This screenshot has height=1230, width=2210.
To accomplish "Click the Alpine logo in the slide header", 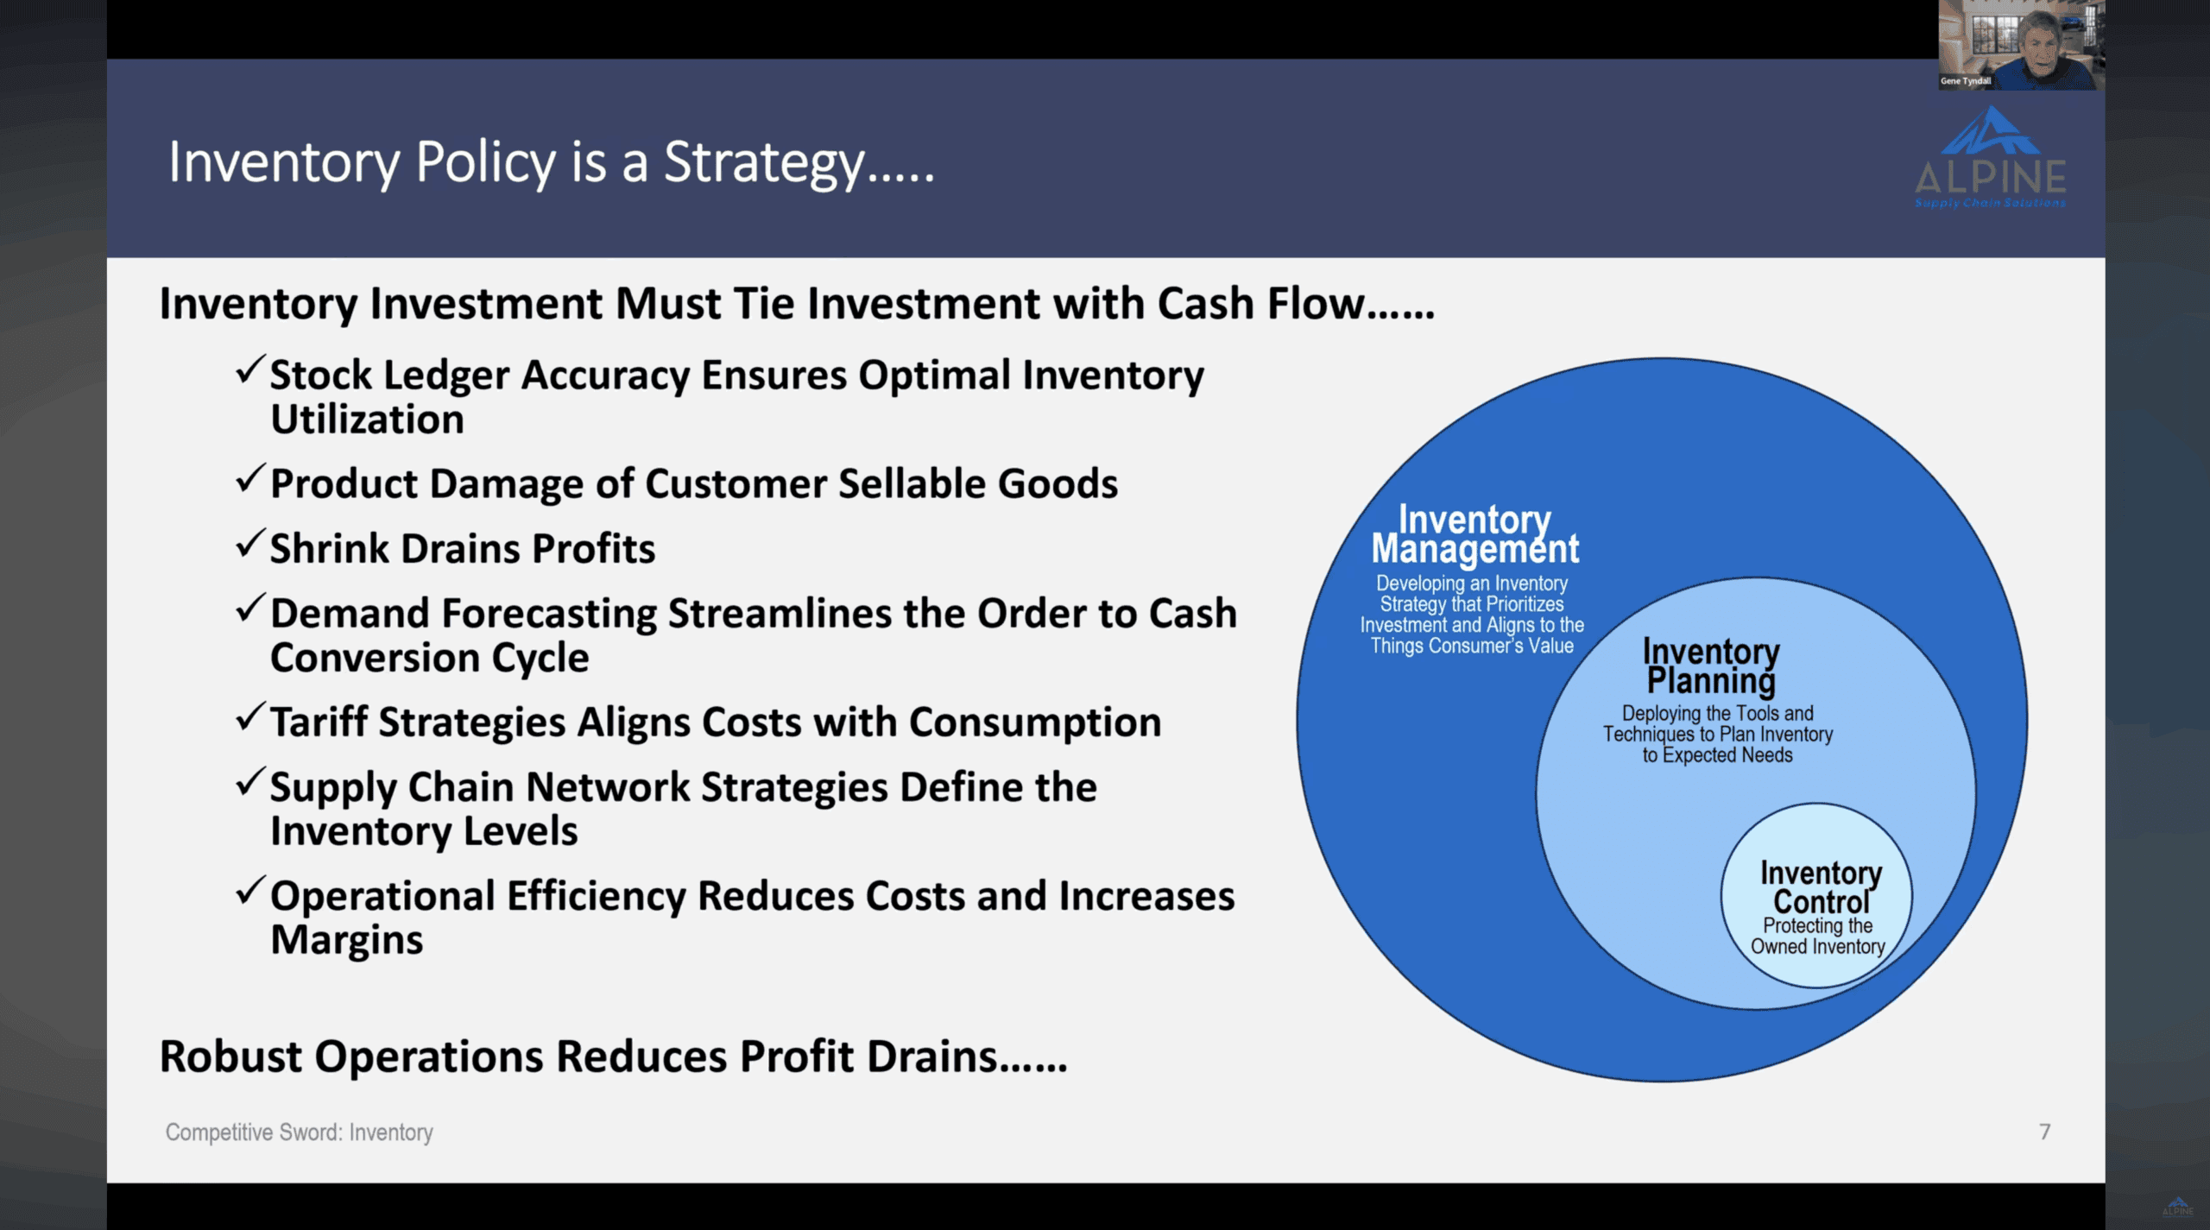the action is pos(1990,157).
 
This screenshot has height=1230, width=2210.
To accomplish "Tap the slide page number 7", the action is pos(2044,1132).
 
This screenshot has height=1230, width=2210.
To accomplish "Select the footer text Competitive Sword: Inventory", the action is pos(299,1132).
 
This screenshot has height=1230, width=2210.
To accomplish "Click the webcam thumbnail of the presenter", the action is pos(2021,45).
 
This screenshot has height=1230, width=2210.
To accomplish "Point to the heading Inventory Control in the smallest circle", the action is pos(1821,886).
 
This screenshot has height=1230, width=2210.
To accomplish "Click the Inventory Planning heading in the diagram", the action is pos(1711,665).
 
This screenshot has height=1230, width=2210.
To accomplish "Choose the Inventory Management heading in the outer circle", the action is pos(1474,534).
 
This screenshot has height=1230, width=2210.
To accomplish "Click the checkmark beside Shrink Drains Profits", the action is pos(249,544).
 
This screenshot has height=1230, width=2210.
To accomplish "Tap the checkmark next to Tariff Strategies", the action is pos(249,717).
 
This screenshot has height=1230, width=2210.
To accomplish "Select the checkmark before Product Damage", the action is pos(249,479).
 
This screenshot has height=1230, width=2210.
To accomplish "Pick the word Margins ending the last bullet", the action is pos(347,940).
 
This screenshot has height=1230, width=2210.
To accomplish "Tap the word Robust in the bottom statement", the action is pos(230,1057).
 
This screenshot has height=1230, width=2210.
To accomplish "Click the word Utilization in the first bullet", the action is pos(368,419).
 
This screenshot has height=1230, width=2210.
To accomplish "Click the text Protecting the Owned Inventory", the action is pos(1818,937).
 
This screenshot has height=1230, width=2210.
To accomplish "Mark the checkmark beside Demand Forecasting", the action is pos(249,609).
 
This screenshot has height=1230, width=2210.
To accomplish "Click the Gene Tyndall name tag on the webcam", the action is pos(1966,81).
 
